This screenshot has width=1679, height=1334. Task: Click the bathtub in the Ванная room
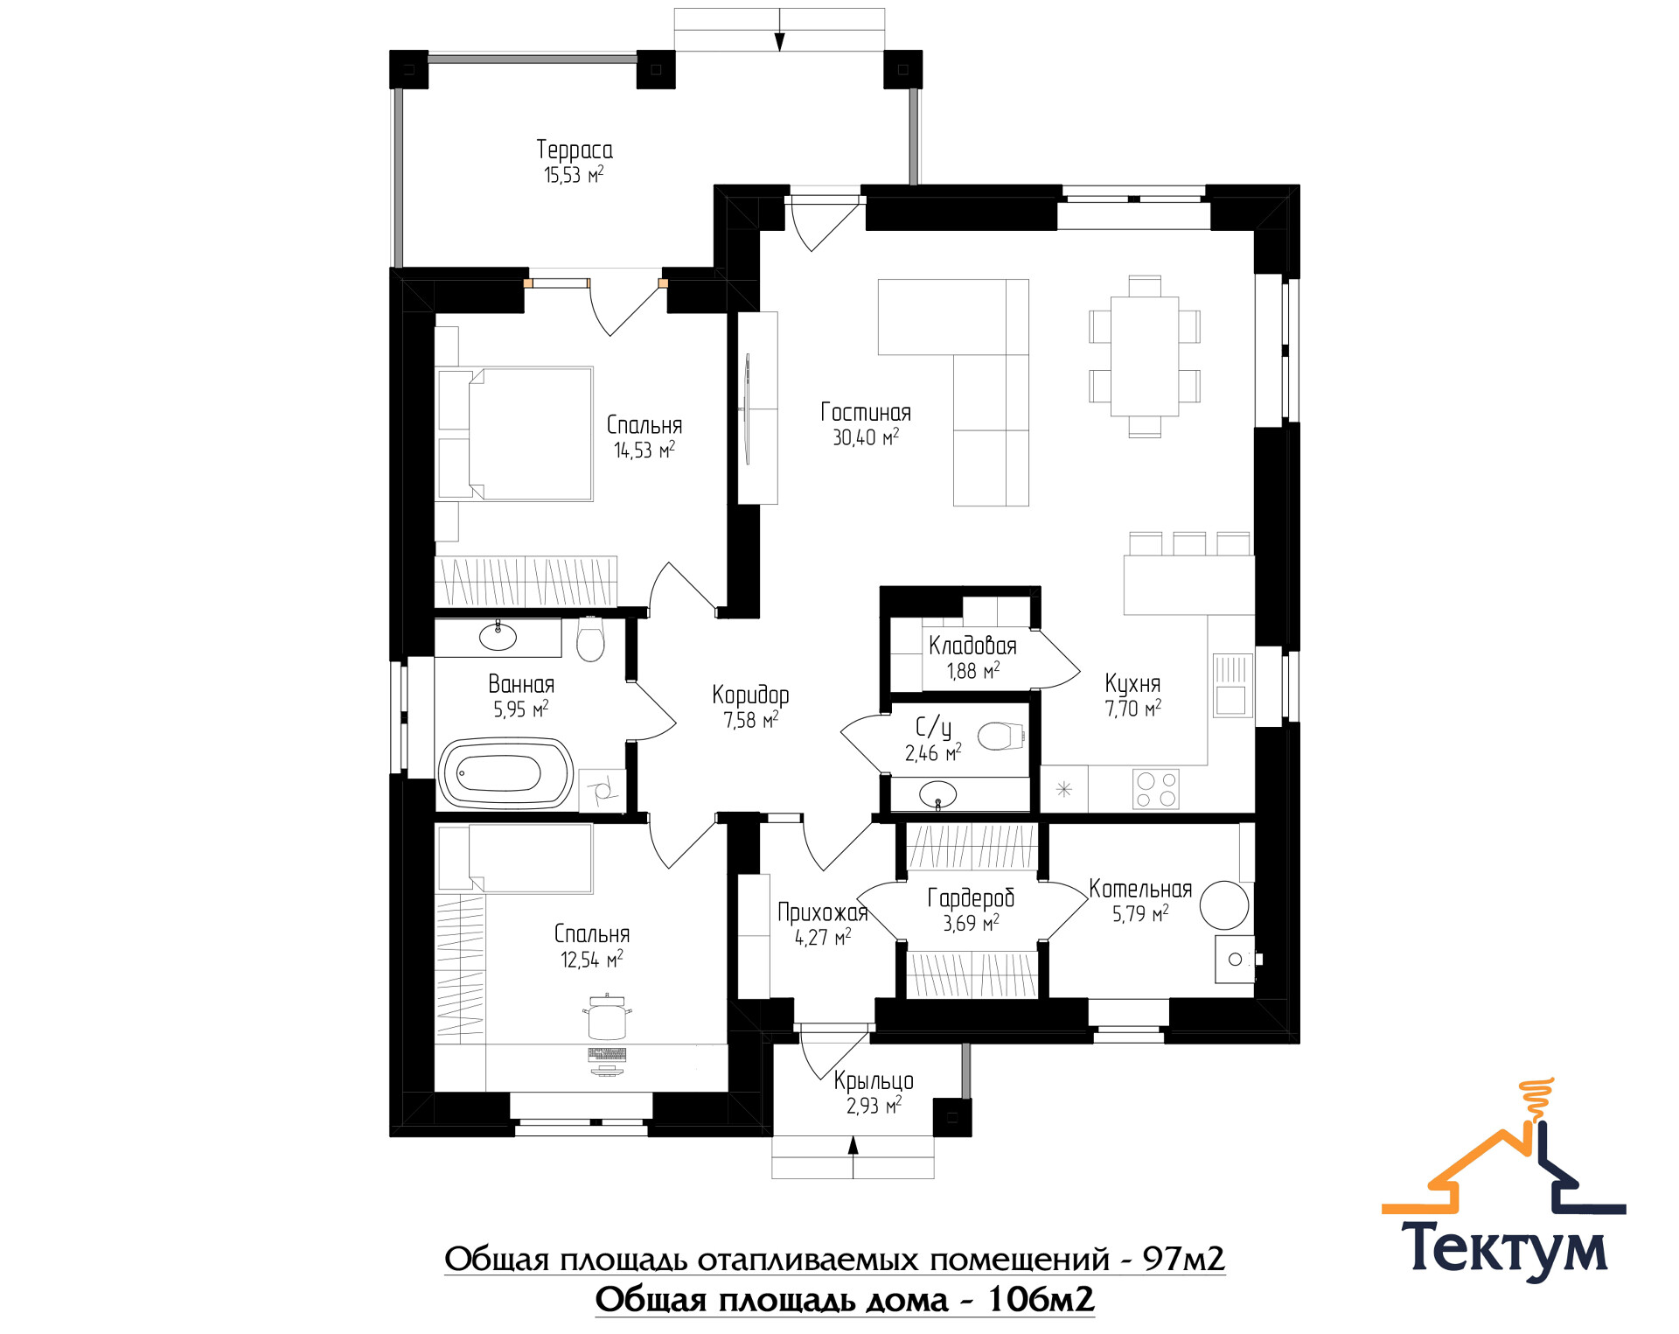506,773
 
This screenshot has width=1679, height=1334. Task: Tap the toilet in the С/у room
1001,736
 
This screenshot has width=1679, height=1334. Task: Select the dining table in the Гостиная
1144,356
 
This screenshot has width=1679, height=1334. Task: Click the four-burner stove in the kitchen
1155,788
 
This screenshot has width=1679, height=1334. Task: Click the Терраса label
575,150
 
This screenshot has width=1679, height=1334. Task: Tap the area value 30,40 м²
866,437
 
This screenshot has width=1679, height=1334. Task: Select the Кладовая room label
972,646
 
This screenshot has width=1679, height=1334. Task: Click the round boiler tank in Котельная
1224,904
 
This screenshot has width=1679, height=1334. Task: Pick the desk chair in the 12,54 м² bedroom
607,1017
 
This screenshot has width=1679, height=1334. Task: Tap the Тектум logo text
1504,1248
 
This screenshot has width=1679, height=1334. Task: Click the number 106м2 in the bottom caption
1041,1300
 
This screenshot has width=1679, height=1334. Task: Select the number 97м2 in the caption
1183,1259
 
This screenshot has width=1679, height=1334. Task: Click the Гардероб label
971,897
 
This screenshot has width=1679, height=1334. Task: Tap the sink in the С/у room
937,794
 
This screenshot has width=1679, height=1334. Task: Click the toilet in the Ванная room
590,641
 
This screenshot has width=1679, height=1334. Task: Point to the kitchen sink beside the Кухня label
1232,686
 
